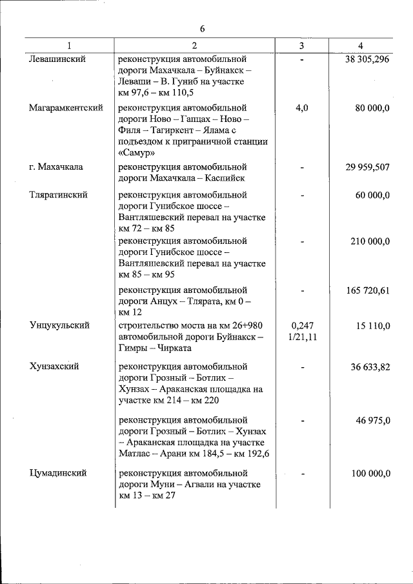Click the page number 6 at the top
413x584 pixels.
(202, 29)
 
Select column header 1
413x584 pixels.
(69, 45)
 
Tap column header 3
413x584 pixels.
(301, 45)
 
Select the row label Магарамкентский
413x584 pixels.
(66, 108)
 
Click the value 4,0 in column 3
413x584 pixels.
(301, 108)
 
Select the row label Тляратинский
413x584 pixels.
(58, 194)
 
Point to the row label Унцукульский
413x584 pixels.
(59, 325)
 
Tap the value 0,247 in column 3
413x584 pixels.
(301, 325)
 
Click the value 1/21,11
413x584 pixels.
(301, 337)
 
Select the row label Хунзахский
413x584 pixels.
(54, 367)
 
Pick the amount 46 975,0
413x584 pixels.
(372, 420)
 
